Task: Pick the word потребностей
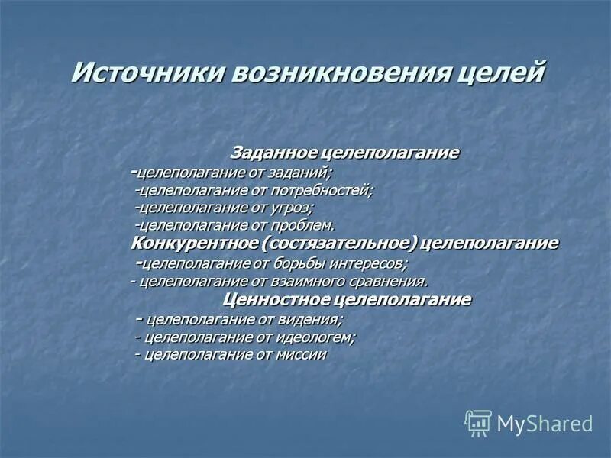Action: tap(329, 189)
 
